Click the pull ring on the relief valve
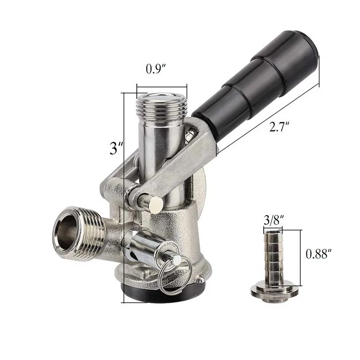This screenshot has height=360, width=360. coord(176,277)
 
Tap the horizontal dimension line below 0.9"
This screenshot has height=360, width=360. coord(162,87)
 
